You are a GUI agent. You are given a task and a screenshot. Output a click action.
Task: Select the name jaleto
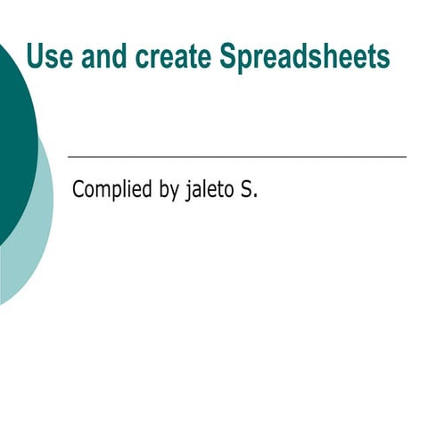tap(210, 190)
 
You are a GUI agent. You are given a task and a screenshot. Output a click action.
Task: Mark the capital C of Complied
tap(78, 189)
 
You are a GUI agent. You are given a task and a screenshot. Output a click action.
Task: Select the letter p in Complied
tap(118, 193)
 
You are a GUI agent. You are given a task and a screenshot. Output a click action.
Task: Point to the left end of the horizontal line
tap(69, 157)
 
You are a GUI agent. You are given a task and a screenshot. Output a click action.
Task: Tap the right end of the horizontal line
tap(406, 157)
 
